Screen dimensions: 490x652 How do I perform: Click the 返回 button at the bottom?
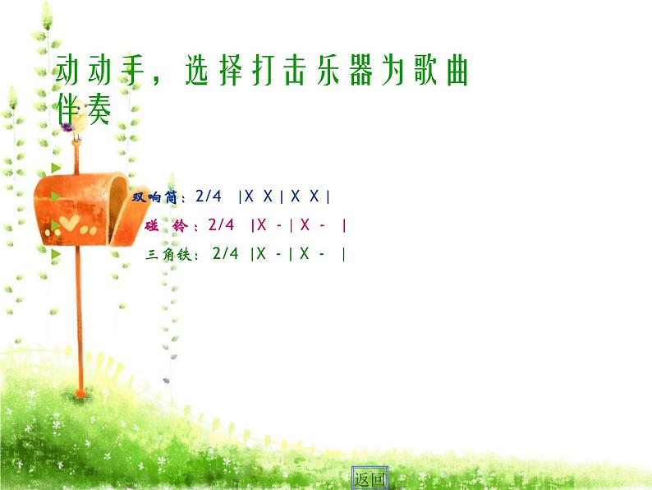pos(369,478)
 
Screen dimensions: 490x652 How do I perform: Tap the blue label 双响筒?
pos(157,197)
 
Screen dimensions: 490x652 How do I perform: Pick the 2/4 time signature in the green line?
pos(225,254)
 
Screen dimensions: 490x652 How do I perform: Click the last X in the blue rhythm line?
pos(315,196)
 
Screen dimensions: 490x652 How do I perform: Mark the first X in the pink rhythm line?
pos(262,224)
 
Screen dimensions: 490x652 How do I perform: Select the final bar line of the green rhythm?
pos(343,254)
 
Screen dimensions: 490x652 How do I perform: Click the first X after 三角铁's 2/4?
pos(261,254)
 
